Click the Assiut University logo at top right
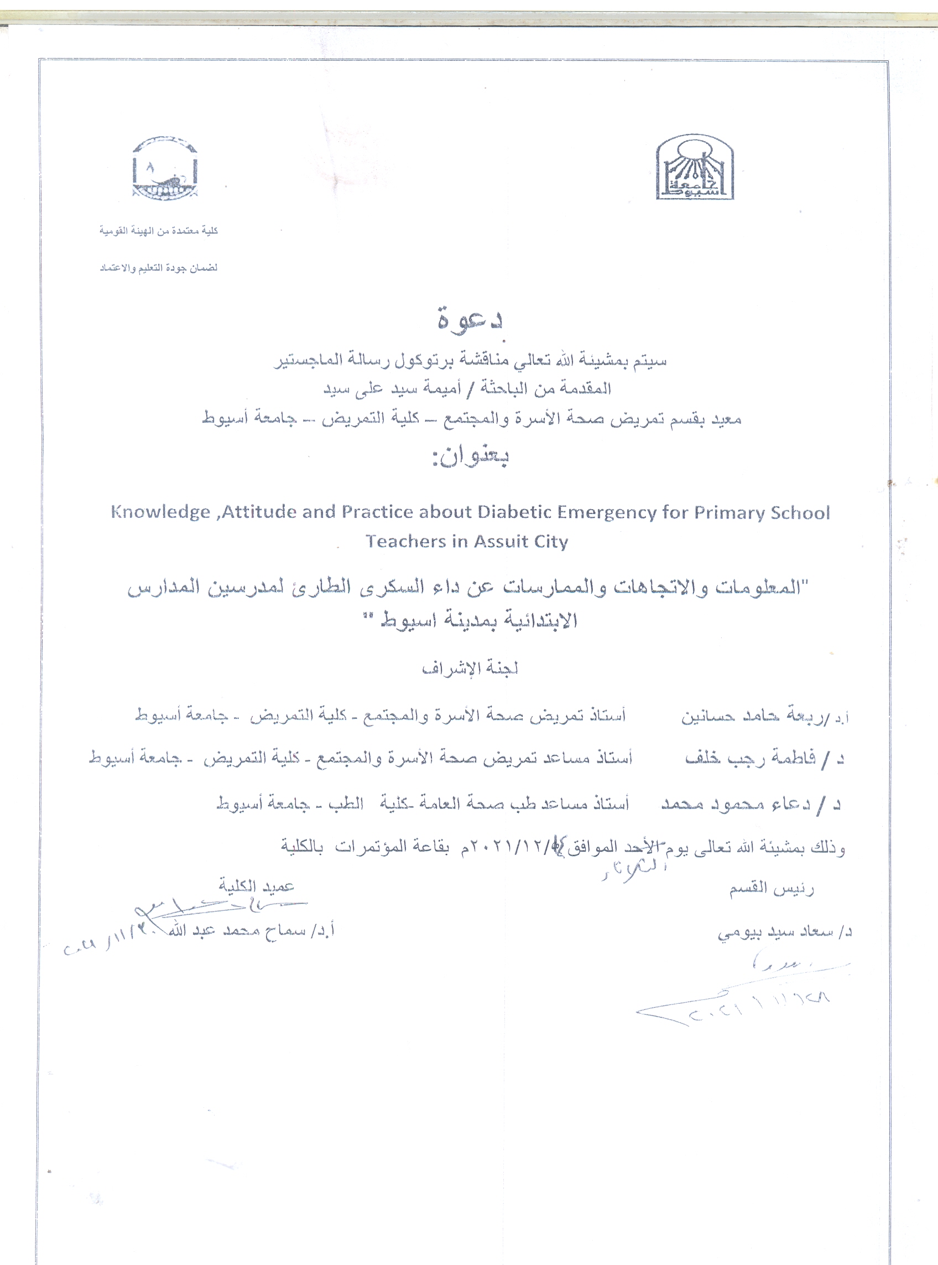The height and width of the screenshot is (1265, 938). coord(695,168)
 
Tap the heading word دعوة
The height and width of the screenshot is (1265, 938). coord(470,319)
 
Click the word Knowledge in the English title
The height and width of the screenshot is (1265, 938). coord(161,512)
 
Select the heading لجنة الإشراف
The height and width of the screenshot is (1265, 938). coord(470,668)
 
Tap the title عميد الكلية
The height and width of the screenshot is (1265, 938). coord(257,885)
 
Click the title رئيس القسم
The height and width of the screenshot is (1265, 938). coord(771,888)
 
